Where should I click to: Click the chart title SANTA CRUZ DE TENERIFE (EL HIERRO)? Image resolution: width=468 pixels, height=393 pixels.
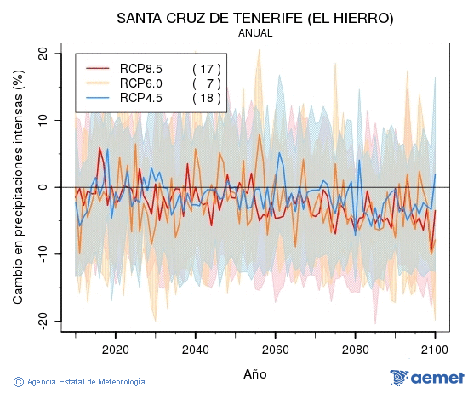click(255, 18)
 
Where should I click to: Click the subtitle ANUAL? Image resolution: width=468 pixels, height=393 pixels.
click(255, 33)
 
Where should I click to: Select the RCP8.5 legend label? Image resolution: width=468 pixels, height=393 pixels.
click(141, 68)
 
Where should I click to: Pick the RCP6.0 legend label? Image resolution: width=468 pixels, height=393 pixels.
click(141, 83)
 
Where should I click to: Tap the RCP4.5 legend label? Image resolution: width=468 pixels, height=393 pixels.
click(141, 97)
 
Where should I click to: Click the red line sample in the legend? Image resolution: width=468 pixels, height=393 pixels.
click(98, 68)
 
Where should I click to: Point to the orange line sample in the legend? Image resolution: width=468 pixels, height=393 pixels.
click(98, 83)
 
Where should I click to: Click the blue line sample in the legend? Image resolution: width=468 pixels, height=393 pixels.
click(98, 97)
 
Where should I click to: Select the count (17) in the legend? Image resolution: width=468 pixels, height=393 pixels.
click(207, 68)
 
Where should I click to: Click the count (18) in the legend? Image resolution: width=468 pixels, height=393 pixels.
click(207, 97)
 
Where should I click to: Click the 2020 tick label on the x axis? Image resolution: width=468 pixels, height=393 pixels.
click(115, 349)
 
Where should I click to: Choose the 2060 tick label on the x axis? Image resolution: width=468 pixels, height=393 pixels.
click(275, 349)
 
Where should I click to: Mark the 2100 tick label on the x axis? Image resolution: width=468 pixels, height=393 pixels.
click(435, 349)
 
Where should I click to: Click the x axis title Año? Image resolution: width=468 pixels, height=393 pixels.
click(255, 373)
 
